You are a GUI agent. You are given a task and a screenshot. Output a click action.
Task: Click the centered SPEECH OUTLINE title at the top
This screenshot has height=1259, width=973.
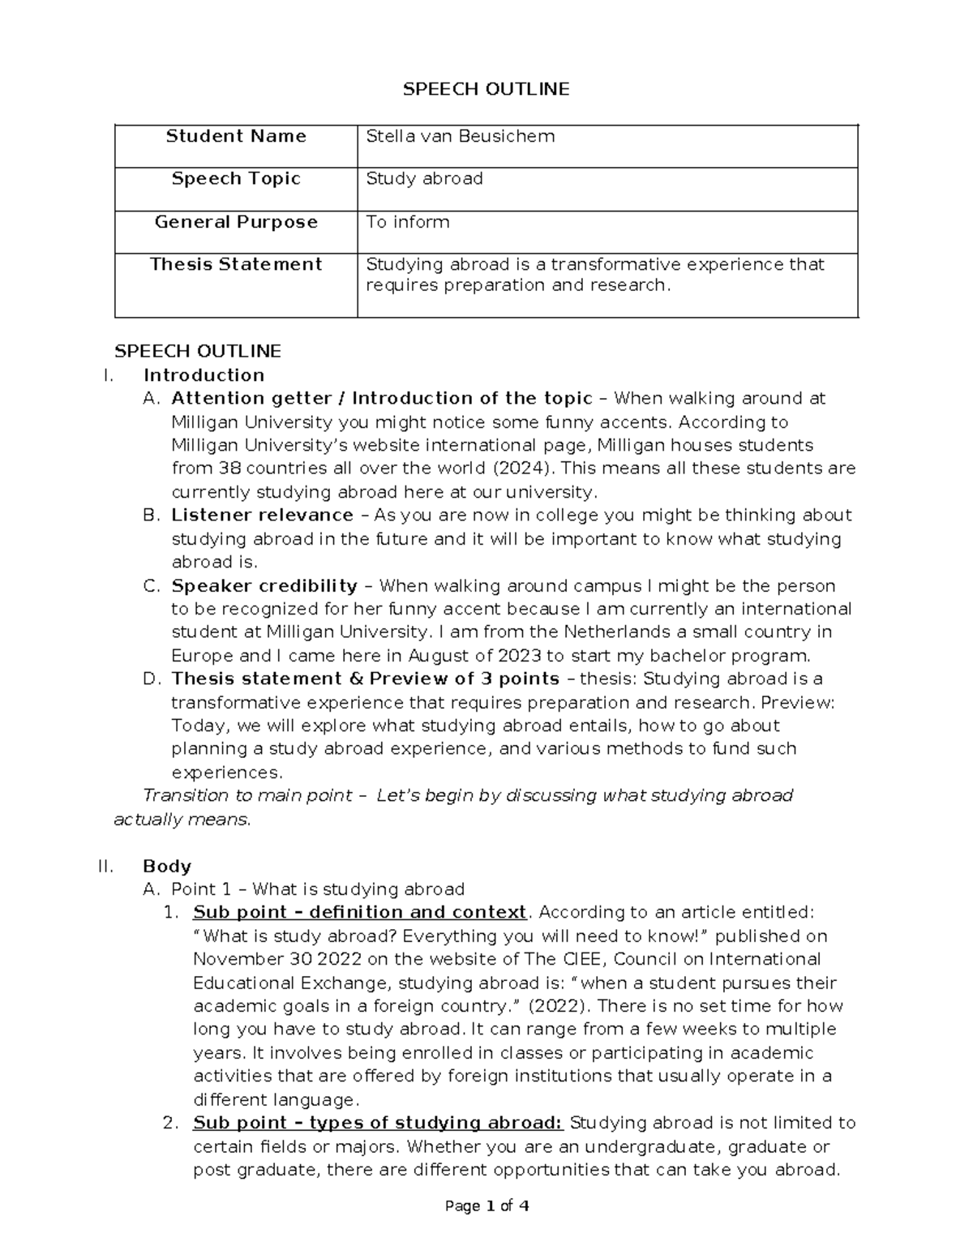(486, 89)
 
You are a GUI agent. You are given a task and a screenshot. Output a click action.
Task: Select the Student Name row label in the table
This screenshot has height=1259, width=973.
(236, 136)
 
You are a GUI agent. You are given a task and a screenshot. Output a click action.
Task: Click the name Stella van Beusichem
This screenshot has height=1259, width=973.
(460, 136)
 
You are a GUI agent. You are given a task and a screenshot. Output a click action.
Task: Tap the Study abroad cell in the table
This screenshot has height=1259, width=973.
(424, 178)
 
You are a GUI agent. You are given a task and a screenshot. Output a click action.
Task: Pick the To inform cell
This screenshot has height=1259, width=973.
(407, 222)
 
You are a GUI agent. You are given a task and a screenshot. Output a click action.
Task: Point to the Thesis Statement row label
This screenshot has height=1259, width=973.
(236, 264)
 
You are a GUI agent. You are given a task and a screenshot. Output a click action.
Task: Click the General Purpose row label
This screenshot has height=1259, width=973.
(236, 222)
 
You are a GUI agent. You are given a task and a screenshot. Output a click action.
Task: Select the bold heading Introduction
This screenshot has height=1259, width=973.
(204, 375)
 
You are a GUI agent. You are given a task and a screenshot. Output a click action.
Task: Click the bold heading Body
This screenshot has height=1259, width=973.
(166, 866)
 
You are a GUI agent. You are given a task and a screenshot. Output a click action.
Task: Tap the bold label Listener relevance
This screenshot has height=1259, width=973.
(262, 516)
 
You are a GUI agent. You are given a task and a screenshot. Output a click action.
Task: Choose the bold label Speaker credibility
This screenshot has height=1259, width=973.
(264, 586)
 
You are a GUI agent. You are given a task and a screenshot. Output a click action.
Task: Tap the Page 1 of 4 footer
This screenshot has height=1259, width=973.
(486, 1206)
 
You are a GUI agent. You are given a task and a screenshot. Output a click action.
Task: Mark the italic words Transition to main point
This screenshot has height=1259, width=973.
(242, 796)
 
